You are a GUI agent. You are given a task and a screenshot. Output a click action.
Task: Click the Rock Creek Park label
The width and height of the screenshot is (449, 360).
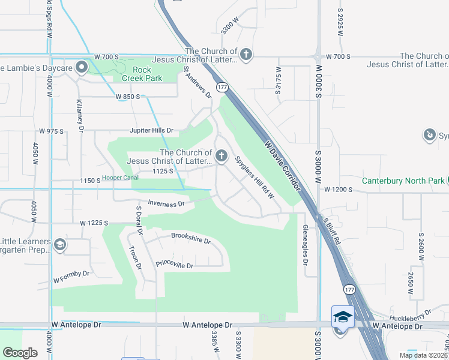tap(142, 74)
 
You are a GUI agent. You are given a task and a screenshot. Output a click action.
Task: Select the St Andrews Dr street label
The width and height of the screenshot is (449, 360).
tap(199, 82)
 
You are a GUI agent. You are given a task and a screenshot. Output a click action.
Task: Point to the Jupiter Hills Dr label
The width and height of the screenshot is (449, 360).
tap(151, 130)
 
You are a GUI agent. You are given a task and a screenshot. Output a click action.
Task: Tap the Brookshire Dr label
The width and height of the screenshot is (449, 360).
tap(190, 239)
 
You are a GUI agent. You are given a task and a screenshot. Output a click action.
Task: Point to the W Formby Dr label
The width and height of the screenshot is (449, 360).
tap(71, 277)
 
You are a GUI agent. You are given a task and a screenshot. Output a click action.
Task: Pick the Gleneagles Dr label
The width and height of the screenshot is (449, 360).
tap(305, 246)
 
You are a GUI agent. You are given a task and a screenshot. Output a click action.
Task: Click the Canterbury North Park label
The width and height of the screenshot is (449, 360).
tap(403, 181)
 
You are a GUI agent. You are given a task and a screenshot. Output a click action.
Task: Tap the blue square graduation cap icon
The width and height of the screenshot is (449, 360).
tap(343, 316)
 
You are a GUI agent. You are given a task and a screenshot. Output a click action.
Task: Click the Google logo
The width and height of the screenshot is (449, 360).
tap(20, 353)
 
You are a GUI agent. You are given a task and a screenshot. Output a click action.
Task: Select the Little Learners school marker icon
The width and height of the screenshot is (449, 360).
tap(59, 245)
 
